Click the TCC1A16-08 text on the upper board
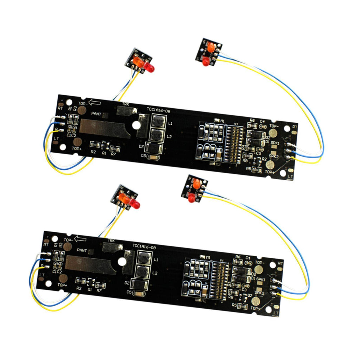point(159,110)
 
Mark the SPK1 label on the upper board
point(275,143)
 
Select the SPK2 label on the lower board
point(259,292)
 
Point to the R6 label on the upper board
point(252,120)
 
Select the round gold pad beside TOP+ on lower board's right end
point(255,301)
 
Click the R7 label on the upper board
point(114,154)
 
